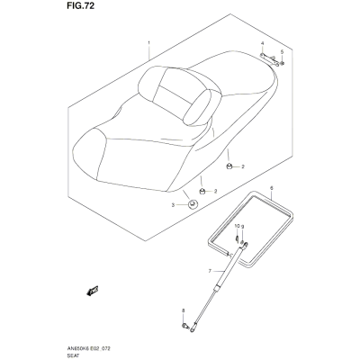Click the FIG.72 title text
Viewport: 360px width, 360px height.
81,5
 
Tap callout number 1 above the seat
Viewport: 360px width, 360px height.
148,43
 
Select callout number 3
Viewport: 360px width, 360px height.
173,205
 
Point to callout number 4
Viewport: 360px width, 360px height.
262,43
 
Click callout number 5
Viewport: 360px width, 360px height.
282,52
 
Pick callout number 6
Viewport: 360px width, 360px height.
272,188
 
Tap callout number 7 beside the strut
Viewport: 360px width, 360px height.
210,271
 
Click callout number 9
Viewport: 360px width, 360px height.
243,226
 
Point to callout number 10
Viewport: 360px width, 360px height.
237,226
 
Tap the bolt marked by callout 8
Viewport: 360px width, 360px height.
185,326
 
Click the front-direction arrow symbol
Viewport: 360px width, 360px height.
93,291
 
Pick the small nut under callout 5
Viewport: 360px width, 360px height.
283,63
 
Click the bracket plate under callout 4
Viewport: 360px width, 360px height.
269,58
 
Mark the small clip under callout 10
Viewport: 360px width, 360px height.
237,239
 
